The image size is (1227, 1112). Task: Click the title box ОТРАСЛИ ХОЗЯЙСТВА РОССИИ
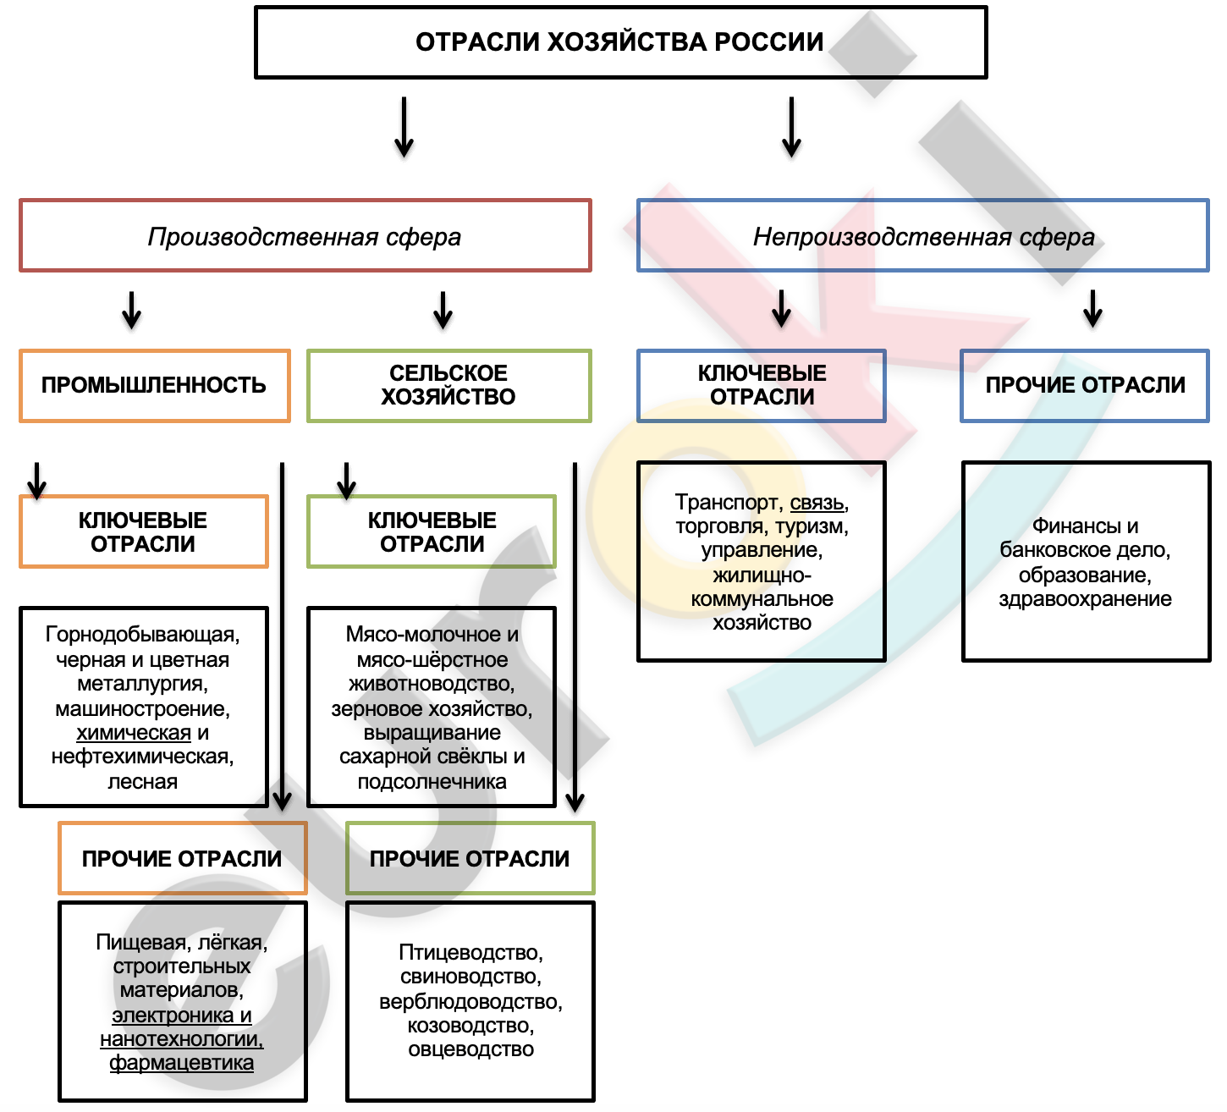[620, 42]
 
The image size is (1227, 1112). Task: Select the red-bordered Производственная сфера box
[305, 236]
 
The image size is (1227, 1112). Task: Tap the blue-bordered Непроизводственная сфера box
[923, 236]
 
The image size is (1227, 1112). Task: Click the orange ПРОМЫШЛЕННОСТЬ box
[154, 386]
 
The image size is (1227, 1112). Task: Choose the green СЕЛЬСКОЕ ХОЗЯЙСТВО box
[448, 386]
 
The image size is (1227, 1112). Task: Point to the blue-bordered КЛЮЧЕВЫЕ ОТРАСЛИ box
[762, 386]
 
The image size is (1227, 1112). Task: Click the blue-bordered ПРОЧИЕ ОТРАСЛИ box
[1085, 386]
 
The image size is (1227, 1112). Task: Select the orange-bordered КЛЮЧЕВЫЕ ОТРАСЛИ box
[143, 531]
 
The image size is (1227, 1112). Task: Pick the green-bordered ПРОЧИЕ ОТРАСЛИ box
[470, 858]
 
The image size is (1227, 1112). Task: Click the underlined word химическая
[134, 733]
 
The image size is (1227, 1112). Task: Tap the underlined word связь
[817, 503]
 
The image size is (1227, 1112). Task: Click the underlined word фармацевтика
[181, 1063]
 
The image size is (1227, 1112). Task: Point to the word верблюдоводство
[470, 1002]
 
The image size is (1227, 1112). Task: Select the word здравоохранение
[1085, 599]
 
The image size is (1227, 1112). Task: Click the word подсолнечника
[432, 782]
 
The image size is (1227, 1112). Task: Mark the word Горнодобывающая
[142, 635]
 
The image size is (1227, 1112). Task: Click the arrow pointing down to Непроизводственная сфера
[791, 127]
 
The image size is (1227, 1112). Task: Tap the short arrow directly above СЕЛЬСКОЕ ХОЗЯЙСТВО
[443, 310]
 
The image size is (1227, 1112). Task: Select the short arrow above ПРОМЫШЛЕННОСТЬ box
[131, 310]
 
